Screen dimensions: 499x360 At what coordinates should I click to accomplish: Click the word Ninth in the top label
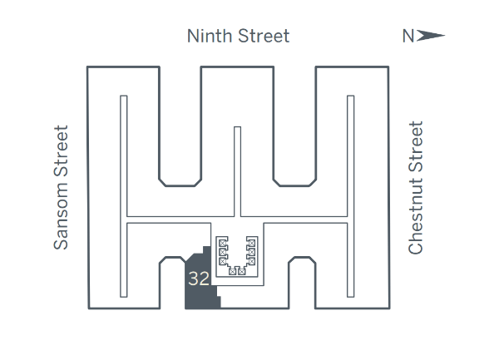[210, 36]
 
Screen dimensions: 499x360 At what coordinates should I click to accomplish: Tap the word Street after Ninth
[264, 36]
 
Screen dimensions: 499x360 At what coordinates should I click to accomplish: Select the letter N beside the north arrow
[408, 36]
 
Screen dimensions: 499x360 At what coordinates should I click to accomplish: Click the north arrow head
[430, 36]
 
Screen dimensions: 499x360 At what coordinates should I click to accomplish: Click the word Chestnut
[416, 217]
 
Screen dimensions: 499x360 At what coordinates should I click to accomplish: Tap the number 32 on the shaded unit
[199, 279]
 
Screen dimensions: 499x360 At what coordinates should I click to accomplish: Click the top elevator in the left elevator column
[222, 244]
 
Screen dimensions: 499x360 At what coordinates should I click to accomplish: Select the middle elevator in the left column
[222, 252]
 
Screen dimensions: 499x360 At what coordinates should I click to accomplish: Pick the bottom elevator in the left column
[222, 261]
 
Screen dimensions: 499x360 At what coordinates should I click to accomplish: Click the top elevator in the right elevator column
[252, 244]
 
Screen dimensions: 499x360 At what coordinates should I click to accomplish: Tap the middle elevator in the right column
[252, 252]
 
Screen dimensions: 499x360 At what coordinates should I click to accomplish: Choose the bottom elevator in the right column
[252, 261]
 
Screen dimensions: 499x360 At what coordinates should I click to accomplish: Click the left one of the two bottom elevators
[232, 272]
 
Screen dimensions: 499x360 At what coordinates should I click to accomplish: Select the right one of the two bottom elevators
[242, 272]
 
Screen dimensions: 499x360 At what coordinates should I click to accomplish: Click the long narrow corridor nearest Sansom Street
[124, 196]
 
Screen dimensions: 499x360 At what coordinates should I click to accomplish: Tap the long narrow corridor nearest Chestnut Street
[351, 196]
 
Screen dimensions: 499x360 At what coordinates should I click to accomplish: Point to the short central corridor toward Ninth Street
[237, 172]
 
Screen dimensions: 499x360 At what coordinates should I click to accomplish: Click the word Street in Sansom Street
[61, 150]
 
